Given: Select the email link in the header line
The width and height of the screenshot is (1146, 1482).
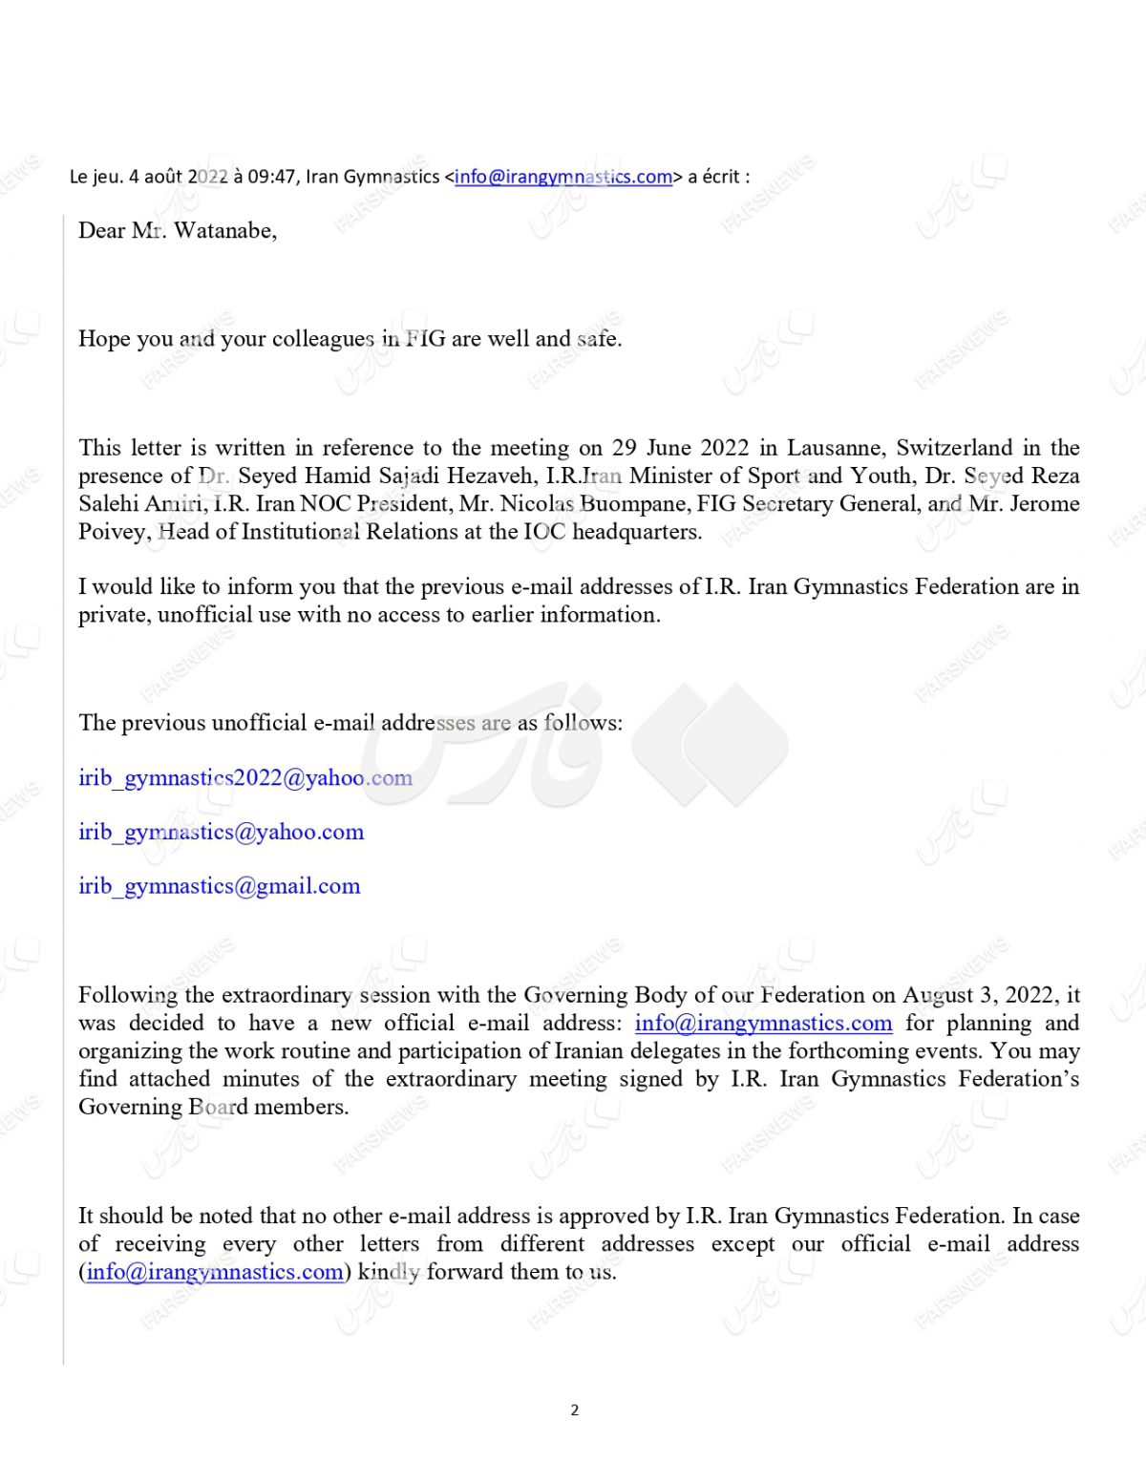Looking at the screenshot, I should tap(563, 177).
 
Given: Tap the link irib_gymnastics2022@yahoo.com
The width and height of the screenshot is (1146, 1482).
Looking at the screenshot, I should tap(245, 778).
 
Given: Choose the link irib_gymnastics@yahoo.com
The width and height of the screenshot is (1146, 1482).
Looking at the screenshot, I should tap(221, 833).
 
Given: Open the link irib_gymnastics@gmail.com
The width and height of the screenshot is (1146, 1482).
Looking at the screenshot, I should tap(219, 887).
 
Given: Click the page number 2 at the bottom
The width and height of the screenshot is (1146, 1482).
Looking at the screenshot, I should tap(574, 1409).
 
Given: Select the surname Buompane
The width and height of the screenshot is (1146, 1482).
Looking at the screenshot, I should tap(631, 504).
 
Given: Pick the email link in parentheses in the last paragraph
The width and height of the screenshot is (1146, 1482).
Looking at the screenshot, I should tap(214, 1272).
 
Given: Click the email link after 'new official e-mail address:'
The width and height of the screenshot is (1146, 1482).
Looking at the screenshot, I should tap(763, 1024).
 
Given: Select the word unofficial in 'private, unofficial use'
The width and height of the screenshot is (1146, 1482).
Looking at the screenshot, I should tap(204, 615).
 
